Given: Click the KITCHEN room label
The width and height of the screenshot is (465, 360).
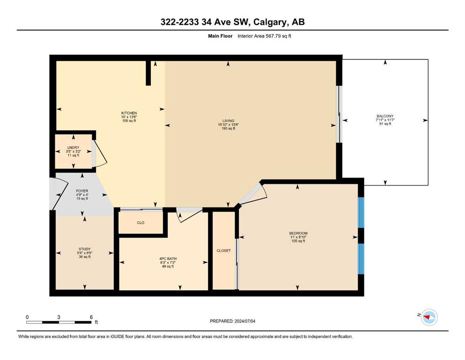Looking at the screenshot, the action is point(129,113).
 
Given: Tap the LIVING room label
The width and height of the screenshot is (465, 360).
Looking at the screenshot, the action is point(229,121).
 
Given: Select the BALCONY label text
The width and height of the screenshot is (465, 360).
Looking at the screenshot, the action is point(385,116).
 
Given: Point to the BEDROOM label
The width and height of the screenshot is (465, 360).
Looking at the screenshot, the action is point(298,233).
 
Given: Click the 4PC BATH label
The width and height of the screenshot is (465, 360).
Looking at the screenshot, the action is point(168,259).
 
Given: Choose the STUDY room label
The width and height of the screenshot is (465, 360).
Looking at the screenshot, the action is point(84,249).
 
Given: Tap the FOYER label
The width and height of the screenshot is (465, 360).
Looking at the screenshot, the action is point(82,191).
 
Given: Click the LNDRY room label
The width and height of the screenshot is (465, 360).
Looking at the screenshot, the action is point(73,148).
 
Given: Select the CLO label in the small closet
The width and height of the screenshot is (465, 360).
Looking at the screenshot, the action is point(140,223).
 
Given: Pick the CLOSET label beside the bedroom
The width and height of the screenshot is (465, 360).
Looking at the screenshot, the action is point(224,251).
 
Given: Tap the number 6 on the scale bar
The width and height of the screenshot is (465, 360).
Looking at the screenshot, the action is point(91,317).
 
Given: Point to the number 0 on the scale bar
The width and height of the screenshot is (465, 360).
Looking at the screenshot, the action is point(27,317).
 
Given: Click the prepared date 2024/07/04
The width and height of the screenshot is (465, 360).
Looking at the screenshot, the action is point(244,321).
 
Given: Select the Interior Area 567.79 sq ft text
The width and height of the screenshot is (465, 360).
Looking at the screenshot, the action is point(264,36).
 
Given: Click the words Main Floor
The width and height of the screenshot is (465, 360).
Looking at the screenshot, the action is point(220,36).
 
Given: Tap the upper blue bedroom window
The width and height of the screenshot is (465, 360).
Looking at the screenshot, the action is point(361,212).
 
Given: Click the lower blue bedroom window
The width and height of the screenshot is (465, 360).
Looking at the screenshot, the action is point(361,259).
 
